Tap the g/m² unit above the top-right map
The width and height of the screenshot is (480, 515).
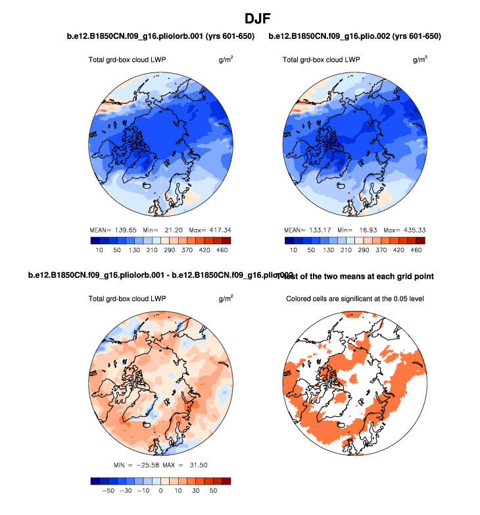coord(420,59)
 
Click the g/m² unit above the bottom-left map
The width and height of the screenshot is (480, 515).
coord(225,298)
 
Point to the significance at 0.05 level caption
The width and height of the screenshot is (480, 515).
coord(354,299)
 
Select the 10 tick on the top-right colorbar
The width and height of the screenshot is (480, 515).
coord(293,251)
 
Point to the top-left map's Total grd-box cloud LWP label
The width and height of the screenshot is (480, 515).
coord(127,60)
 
